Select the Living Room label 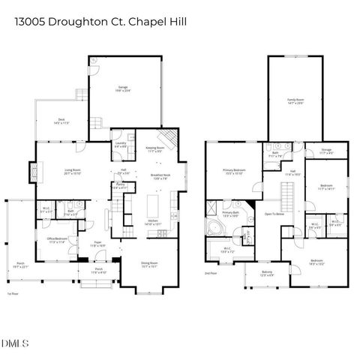tap(73, 172)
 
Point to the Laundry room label tap(120, 144)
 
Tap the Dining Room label tap(150, 264)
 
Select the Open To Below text tap(275, 214)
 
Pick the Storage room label tap(325, 150)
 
